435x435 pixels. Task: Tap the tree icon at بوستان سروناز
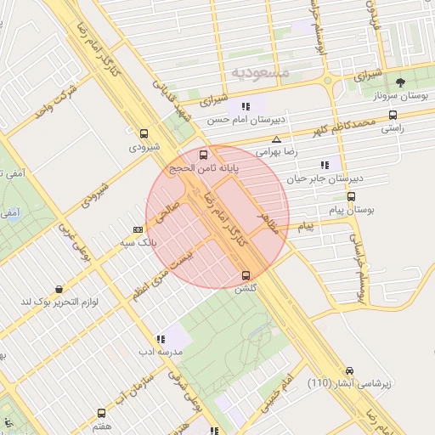(x=400, y=82)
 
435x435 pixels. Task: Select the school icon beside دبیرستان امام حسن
(x=246, y=106)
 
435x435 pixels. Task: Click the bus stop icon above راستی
(x=392, y=115)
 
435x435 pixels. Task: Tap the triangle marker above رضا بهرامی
(x=275, y=138)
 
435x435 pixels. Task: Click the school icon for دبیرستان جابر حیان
(x=323, y=165)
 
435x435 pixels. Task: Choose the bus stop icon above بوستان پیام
(x=351, y=196)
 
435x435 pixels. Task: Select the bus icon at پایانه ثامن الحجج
(x=202, y=155)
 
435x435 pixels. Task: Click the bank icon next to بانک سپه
(x=138, y=229)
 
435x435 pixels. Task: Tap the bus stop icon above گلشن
(x=246, y=275)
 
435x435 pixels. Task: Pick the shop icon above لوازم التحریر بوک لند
(x=58, y=290)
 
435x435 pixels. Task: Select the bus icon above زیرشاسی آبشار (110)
(x=349, y=370)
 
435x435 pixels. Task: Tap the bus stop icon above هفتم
(x=101, y=412)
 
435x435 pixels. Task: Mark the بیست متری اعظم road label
(x=161, y=271)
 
